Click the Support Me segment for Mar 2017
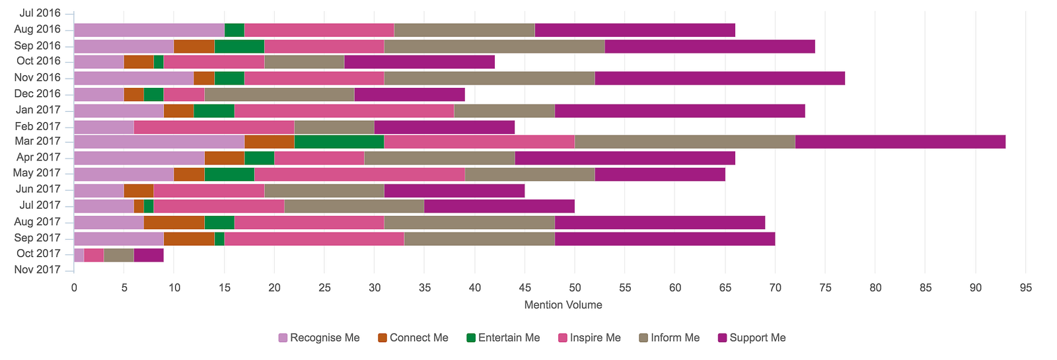pyautogui.click(x=900, y=142)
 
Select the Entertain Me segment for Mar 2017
pyautogui.click(x=339, y=142)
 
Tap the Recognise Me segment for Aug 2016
pyautogui.click(x=149, y=30)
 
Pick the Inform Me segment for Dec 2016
pyautogui.click(x=279, y=94)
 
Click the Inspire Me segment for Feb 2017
pyautogui.click(x=214, y=127)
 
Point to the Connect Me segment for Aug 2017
pyautogui.click(x=174, y=223)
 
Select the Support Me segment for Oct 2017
pyautogui.click(x=149, y=255)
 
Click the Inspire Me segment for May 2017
pyautogui.click(x=359, y=174)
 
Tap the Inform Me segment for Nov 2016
pyautogui.click(x=489, y=79)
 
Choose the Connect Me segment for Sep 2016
pyautogui.click(x=194, y=46)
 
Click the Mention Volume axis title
pyautogui.click(x=563, y=305)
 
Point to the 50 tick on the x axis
pyautogui.click(x=575, y=287)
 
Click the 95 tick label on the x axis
pyautogui.click(x=1025, y=287)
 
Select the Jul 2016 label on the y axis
pyautogui.click(x=40, y=13)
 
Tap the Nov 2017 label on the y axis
pyautogui.click(x=37, y=270)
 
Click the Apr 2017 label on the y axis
pyautogui.click(x=38, y=157)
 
